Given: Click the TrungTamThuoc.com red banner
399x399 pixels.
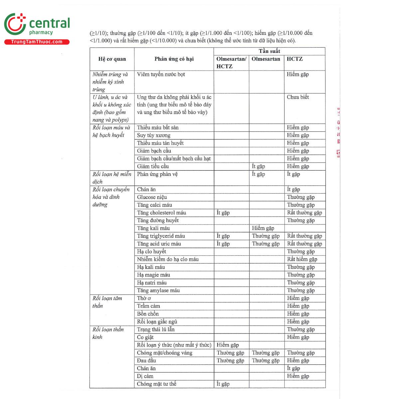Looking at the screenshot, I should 37,42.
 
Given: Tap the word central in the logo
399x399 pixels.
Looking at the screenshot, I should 50,23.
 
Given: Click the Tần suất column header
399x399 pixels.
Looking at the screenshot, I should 269,51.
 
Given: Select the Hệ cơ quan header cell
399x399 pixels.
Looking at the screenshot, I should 112,59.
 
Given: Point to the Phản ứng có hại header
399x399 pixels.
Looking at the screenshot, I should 174,59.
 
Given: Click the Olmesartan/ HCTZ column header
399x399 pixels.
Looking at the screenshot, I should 231,63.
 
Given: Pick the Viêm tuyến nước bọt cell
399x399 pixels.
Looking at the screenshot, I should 161,74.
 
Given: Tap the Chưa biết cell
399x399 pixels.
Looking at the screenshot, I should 298,97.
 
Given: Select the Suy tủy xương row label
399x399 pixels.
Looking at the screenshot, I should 154,135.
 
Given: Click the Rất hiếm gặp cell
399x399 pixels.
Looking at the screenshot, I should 302,259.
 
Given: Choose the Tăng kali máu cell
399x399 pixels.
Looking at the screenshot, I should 153,228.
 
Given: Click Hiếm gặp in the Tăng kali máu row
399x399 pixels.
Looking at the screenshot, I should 263,228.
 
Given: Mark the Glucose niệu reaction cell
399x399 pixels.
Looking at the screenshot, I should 152,197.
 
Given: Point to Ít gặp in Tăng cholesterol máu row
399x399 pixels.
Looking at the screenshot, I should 223,213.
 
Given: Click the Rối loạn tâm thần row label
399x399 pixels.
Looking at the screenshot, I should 107,302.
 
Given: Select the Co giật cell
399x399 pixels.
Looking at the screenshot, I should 145,337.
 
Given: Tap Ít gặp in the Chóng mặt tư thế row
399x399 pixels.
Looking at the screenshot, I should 223,384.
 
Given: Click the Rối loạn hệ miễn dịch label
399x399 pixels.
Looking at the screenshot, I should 112,178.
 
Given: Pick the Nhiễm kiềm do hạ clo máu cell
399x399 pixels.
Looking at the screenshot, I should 168,259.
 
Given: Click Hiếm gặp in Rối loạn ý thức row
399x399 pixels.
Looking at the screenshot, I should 228,345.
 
